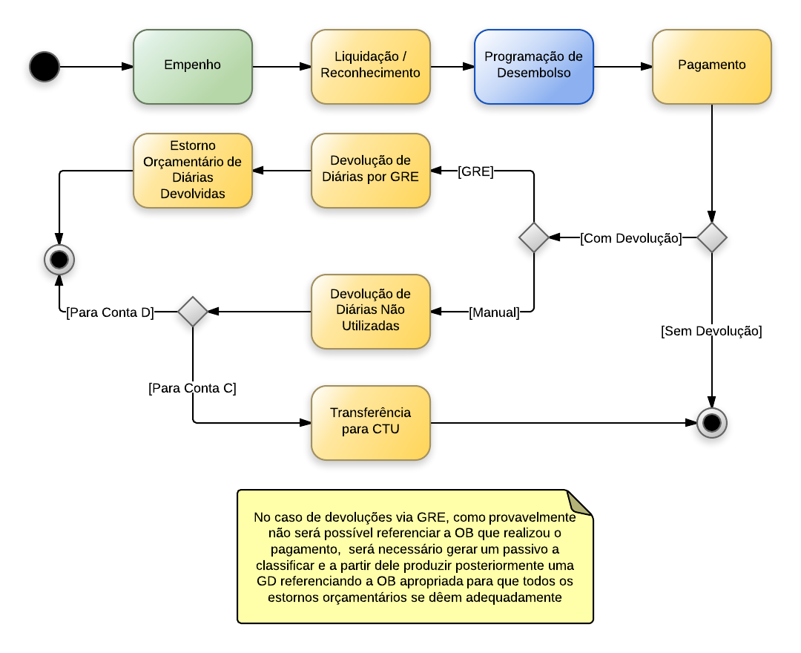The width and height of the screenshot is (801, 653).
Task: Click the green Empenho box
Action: tap(193, 66)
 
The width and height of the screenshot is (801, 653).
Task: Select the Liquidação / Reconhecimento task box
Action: tap(371, 66)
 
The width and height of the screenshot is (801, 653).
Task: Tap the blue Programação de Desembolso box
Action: tap(534, 66)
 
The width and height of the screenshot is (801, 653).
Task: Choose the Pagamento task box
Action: tap(712, 66)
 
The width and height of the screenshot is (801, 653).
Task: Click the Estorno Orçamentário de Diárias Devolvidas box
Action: tap(193, 170)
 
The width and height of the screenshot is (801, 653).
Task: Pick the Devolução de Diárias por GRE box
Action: tap(371, 170)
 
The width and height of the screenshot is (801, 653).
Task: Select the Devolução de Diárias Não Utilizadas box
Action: tap(371, 311)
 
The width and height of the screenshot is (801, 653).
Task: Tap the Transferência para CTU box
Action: tap(371, 422)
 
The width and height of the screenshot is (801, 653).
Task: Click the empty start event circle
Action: tap(44, 67)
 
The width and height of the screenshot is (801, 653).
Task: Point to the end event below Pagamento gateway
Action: tap(712, 423)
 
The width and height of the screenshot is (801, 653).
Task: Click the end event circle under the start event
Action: tap(59, 260)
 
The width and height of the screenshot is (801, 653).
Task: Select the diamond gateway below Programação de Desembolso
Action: tap(534, 237)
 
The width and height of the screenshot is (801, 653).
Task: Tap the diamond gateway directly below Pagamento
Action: tap(712, 237)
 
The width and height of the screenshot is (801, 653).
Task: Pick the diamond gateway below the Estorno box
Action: tap(193, 312)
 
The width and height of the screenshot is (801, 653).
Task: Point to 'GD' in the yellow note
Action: tap(266, 581)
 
